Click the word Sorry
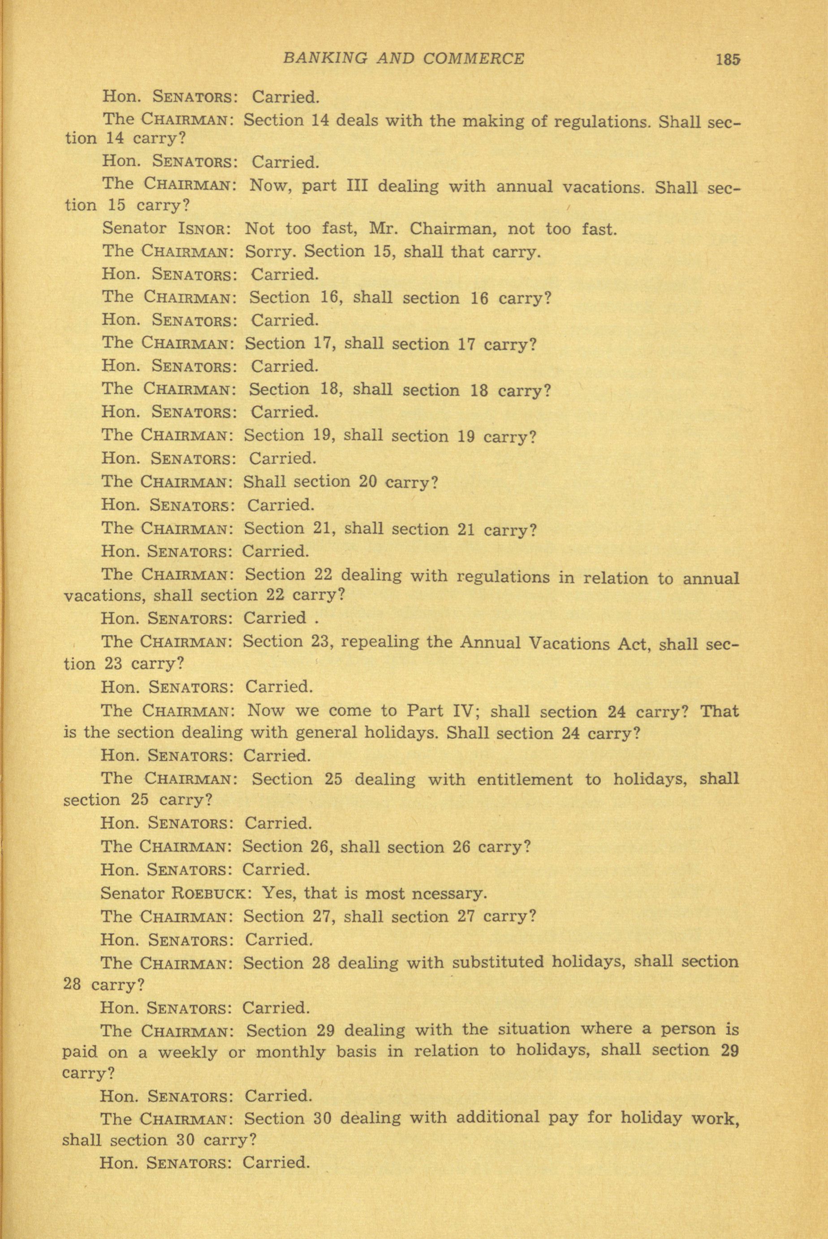pyautogui.click(x=269, y=252)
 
